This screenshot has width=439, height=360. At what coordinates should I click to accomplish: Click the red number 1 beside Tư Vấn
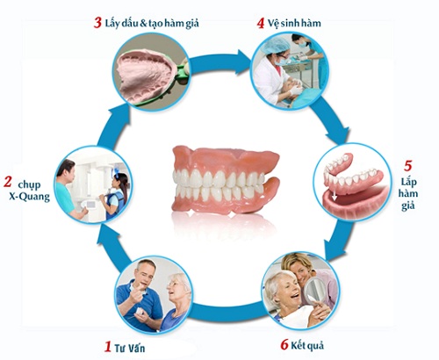108,347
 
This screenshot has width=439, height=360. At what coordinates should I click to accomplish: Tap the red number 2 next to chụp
8,182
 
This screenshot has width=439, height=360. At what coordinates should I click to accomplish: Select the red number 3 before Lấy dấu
97,23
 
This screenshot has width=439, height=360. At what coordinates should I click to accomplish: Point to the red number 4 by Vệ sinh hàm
261,23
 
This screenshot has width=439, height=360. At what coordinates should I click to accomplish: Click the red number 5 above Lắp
407,166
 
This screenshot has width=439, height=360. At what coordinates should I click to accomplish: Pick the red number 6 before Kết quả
284,344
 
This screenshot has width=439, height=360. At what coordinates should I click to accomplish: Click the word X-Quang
29,197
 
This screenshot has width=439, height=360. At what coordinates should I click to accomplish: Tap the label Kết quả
307,345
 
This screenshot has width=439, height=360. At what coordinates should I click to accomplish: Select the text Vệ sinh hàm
294,23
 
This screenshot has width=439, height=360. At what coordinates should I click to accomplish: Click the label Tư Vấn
130,348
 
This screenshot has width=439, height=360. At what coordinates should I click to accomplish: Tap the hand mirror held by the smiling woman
313,291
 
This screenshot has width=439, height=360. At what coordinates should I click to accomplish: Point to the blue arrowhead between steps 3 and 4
243,62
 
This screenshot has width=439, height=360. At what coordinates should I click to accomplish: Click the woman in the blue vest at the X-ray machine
115,195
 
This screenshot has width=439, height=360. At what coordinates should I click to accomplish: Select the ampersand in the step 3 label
143,24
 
